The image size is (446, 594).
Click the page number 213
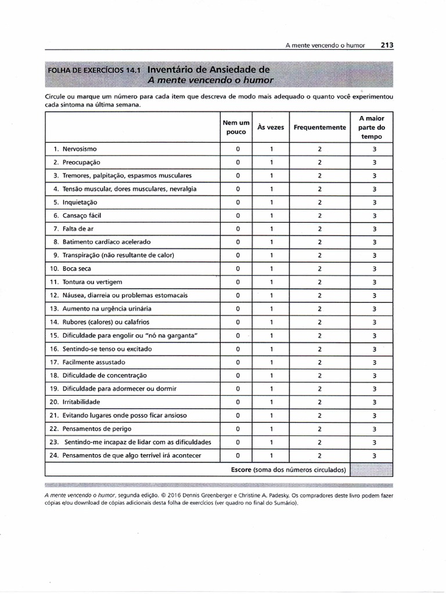click(387, 45)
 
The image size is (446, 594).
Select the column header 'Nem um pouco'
click(236, 127)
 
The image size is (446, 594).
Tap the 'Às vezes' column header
click(271, 128)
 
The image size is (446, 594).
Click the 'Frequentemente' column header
click(319, 128)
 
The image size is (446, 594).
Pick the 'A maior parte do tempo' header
click(372, 128)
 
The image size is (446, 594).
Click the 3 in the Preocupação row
click(375, 162)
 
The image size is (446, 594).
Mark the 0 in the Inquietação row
click(238, 202)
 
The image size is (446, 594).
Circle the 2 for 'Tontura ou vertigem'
click(319, 282)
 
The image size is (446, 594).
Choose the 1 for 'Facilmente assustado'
click(271, 362)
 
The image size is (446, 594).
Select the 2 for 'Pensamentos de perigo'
click(319, 429)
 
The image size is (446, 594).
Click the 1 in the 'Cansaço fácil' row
click(271, 216)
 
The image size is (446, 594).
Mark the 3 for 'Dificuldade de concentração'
click(375, 375)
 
